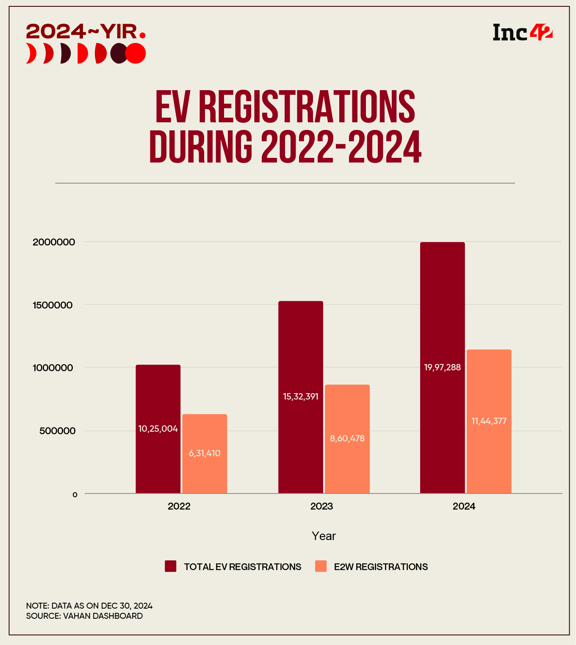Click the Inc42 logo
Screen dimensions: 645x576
click(523, 32)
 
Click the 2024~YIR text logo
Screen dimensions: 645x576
click(85, 31)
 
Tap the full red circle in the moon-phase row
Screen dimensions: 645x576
click(136, 53)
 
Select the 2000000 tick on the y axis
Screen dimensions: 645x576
click(54, 242)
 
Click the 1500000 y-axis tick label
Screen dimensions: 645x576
click(53, 305)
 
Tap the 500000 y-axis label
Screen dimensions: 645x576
click(57, 431)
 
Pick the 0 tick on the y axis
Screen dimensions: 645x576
click(75, 494)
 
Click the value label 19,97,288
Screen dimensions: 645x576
click(442, 367)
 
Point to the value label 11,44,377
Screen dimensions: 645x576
click(489, 421)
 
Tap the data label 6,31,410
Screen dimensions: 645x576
click(205, 453)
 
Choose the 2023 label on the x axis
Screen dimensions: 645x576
click(321, 506)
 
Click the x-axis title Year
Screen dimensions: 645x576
click(324, 536)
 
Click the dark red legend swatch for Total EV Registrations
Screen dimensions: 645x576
click(171, 566)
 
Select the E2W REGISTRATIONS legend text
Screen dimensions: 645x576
click(381, 567)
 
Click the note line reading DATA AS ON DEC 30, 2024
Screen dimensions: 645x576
click(89, 606)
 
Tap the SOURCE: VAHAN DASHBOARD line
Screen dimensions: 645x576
click(84, 616)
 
